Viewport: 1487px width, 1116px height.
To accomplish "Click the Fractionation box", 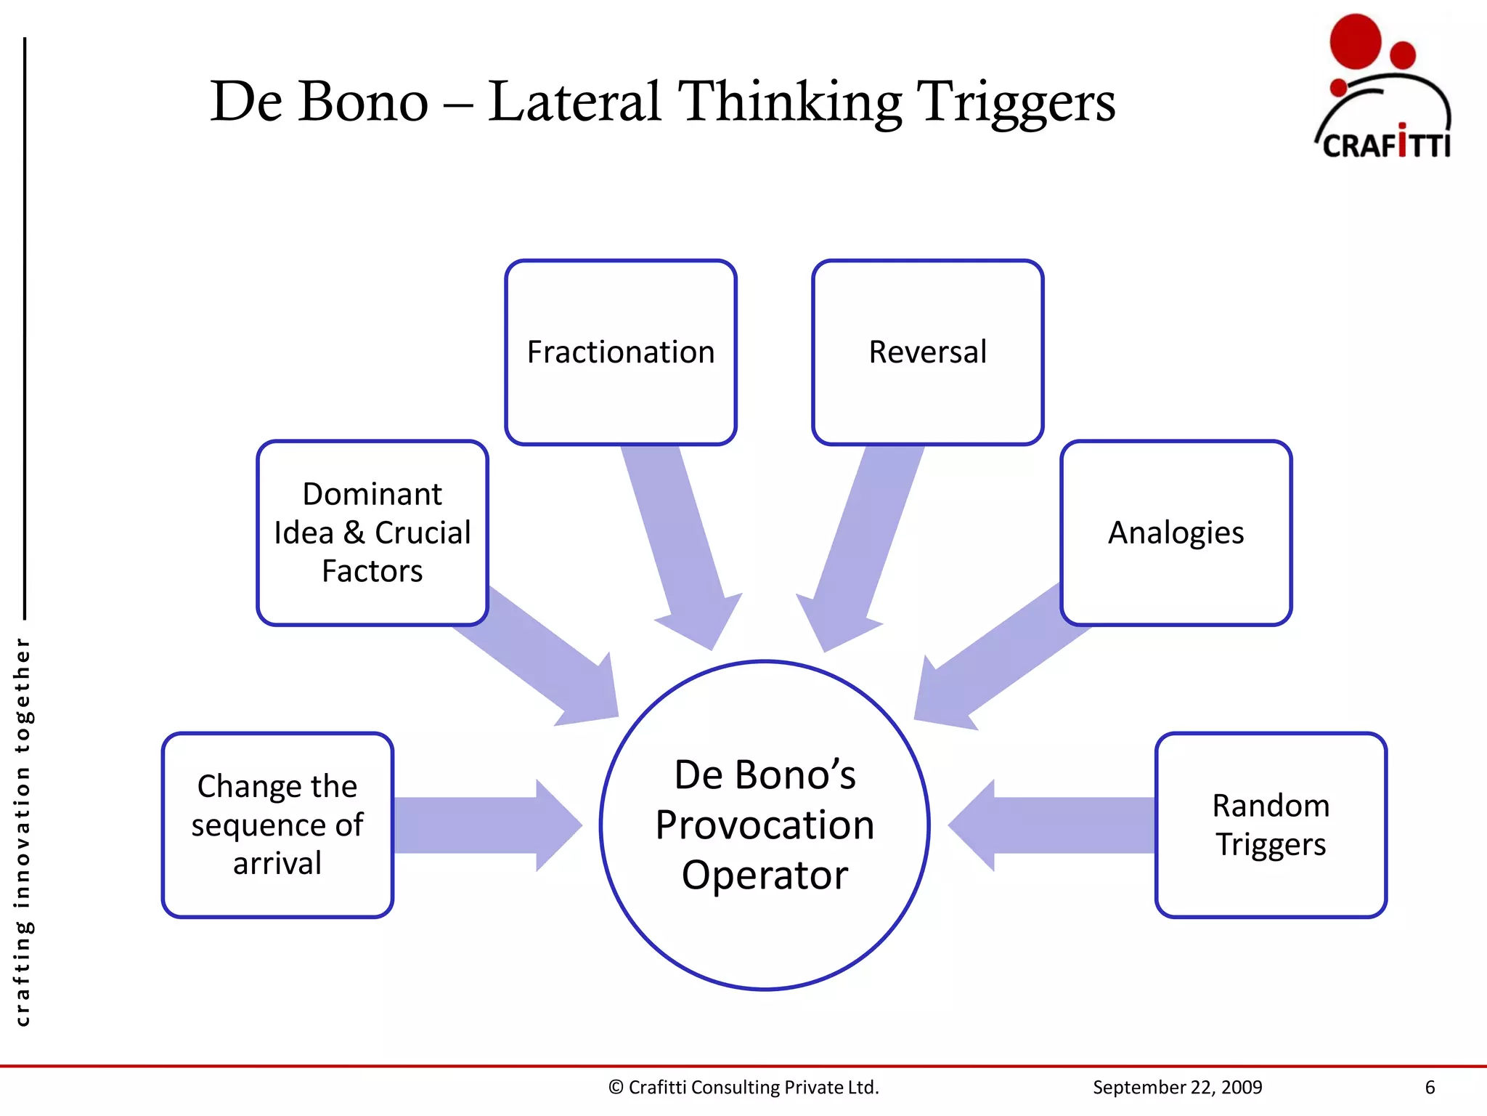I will point(621,352).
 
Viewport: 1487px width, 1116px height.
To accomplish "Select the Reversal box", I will point(927,352).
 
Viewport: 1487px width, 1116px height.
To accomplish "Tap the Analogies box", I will point(1176,533).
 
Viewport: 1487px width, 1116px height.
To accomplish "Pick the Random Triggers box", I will point(1271,825).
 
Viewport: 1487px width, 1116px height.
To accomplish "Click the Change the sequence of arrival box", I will point(277,825).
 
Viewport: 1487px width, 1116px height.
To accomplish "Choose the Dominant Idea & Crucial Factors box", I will point(372,533).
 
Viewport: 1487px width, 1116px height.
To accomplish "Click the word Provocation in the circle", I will point(765,825).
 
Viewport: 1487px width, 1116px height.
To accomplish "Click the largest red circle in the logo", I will point(1355,41).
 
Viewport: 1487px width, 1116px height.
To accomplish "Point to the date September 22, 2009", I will point(1177,1087).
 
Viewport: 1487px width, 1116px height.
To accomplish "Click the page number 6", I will point(1430,1087).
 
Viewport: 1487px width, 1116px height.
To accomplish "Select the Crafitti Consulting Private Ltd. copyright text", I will point(743,1087).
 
